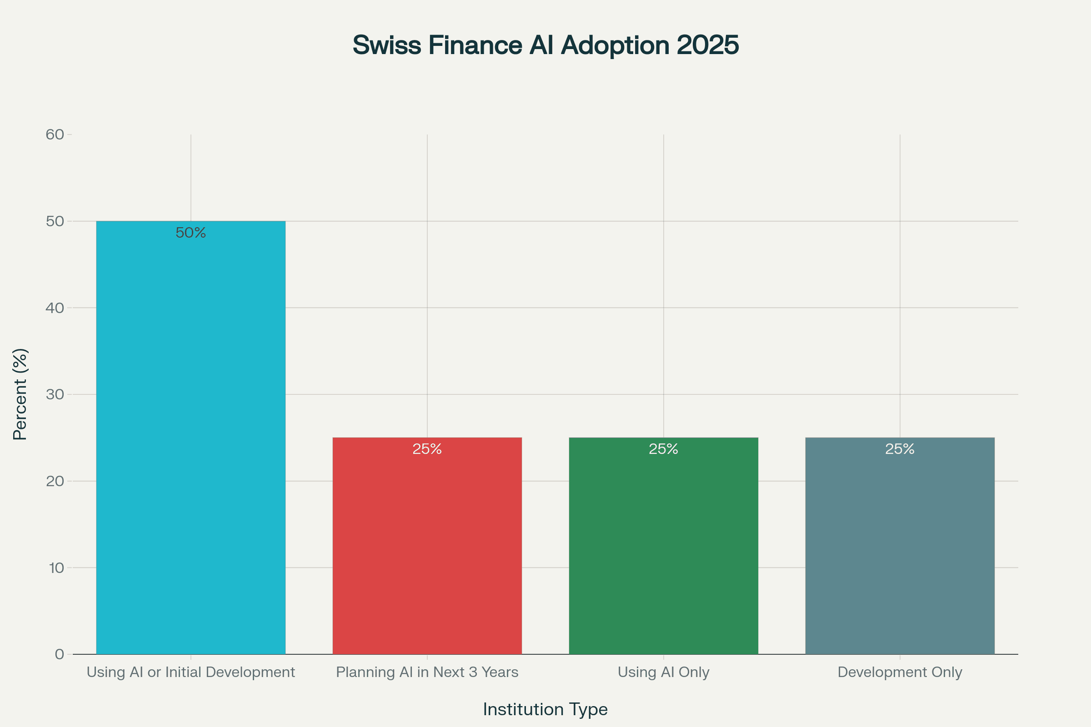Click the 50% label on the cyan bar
(x=190, y=233)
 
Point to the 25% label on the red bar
(x=427, y=449)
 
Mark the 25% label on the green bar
(x=663, y=449)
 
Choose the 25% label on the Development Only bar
(x=900, y=449)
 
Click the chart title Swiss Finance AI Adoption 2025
(x=545, y=45)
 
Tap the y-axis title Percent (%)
(x=20, y=394)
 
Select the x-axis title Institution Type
(x=545, y=709)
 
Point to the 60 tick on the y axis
(x=55, y=134)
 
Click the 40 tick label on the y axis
(x=55, y=308)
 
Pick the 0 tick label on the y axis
(x=60, y=654)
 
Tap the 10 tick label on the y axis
(x=56, y=568)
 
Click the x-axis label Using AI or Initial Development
(x=190, y=672)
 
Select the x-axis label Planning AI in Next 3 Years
(x=427, y=672)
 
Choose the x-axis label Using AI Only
(x=663, y=672)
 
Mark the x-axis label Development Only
(x=900, y=672)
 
